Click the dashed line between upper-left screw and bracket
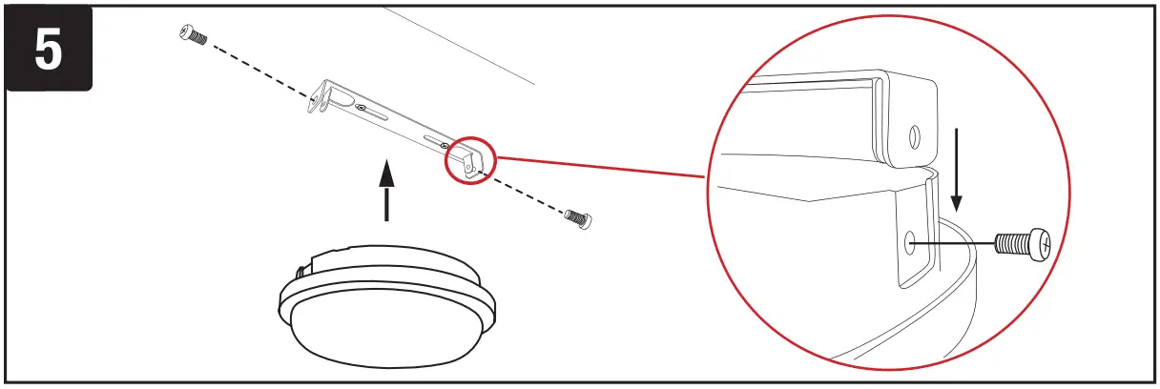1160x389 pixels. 258,68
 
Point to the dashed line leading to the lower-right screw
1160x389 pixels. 529,194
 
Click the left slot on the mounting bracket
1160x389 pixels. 373,114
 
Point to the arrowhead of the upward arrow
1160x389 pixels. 386,172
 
